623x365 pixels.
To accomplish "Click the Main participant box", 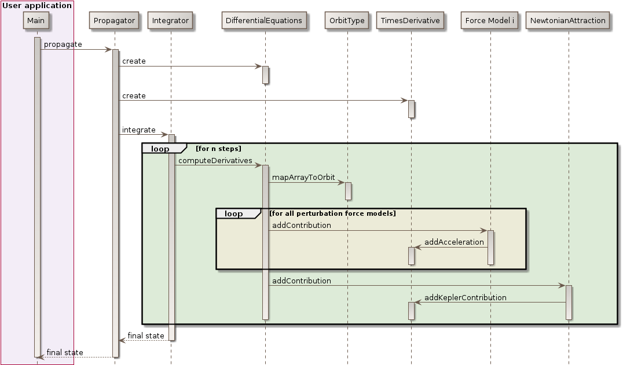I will (36, 21).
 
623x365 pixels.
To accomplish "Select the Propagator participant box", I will (114, 21).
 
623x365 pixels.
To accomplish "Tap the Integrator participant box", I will (170, 21).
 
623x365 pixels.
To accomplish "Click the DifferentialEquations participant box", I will (264, 21).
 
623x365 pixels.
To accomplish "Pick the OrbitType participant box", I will (347, 21).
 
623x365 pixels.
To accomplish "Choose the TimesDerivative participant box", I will (411, 21).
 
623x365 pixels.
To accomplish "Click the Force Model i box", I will (489, 21).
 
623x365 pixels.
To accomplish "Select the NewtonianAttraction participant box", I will (568, 21).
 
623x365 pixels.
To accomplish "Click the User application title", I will (37, 6).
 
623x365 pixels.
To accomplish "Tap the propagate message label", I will (63, 45).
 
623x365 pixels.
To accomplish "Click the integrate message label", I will (138, 130).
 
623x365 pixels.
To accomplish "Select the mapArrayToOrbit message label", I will (303, 178).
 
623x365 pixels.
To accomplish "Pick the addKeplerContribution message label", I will (465, 298).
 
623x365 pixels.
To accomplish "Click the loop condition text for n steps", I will (218, 149).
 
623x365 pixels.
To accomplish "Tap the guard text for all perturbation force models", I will (332, 214).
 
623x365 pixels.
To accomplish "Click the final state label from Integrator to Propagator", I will (146, 336).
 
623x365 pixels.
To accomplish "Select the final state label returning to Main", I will (65, 353).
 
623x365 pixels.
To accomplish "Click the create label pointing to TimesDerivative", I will (134, 96).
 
